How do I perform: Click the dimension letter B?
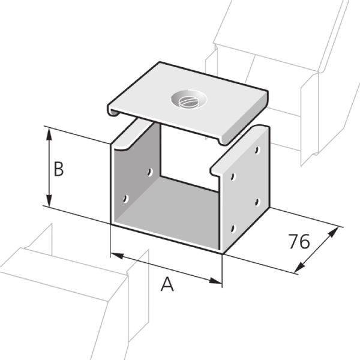point(59,169)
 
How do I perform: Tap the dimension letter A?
point(167,284)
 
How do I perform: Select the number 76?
point(299,241)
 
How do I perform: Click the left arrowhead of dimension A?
point(117,256)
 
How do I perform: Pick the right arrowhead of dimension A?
point(216,281)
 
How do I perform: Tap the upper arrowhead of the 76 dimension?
point(333,232)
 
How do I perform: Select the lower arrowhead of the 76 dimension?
point(299,268)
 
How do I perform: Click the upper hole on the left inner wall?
point(150,172)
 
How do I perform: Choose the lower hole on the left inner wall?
point(125,199)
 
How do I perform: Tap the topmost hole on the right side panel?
point(257,150)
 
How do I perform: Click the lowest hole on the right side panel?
point(233,229)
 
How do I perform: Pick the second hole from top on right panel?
point(233,177)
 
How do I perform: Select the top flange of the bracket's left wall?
point(132,136)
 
